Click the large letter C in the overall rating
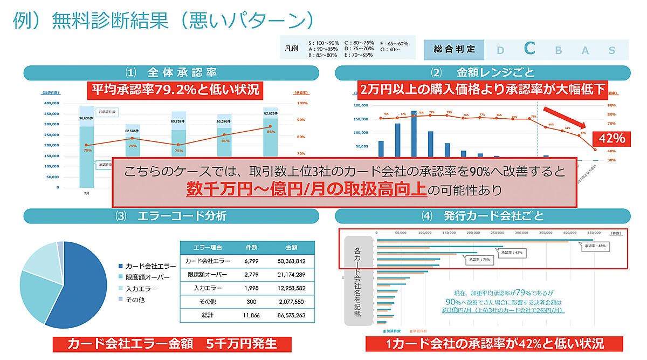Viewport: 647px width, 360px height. (x=529, y=49)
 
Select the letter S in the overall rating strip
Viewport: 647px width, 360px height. (x=611, y=50)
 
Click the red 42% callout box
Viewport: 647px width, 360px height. (x=610, y=138)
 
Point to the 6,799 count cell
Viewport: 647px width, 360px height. (x=252, y=261)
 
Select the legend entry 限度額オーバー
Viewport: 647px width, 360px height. (x=147, y=277)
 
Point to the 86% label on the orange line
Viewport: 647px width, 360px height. (x=271, y=131)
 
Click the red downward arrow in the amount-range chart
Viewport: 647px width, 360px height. (x=565, y=119)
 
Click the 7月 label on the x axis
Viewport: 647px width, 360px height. (x=86, y=193)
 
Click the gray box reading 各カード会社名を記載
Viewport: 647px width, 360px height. (x=358, y=281)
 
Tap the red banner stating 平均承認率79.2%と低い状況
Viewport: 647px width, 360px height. (x=175, y=89)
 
